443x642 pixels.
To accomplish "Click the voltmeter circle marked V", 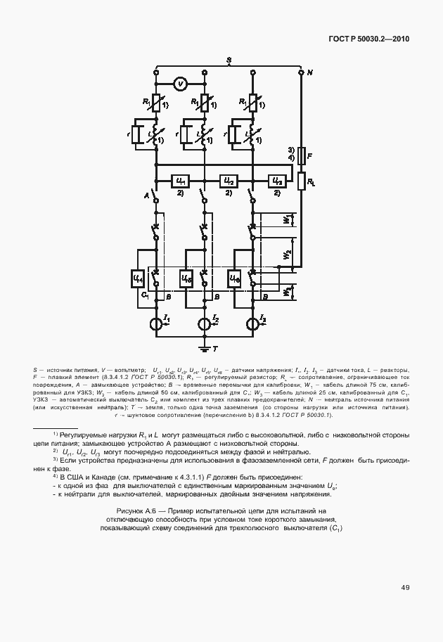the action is [x=180, y=84].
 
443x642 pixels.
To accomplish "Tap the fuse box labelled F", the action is [x=301, y=156].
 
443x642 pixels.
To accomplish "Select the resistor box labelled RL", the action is [x=301, y=182].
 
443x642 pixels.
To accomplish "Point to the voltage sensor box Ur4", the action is [x=138, y=279].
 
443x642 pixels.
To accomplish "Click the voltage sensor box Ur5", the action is [x=186, y=279].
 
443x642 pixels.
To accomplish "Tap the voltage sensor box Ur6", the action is [x=235, y=279].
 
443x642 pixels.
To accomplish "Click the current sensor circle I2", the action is [x=204, y=324].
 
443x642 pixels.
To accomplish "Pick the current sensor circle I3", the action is [x=252, y=324].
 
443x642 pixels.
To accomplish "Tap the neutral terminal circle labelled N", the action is [x=301, y=72].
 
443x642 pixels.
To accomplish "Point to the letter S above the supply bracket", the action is [x=229, y=61].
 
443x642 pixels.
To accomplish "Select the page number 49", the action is [x=406, y=587].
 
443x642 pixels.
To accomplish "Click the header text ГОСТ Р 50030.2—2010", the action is [x=368, y=39].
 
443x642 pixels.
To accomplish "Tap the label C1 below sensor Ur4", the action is [x=144, y=295].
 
